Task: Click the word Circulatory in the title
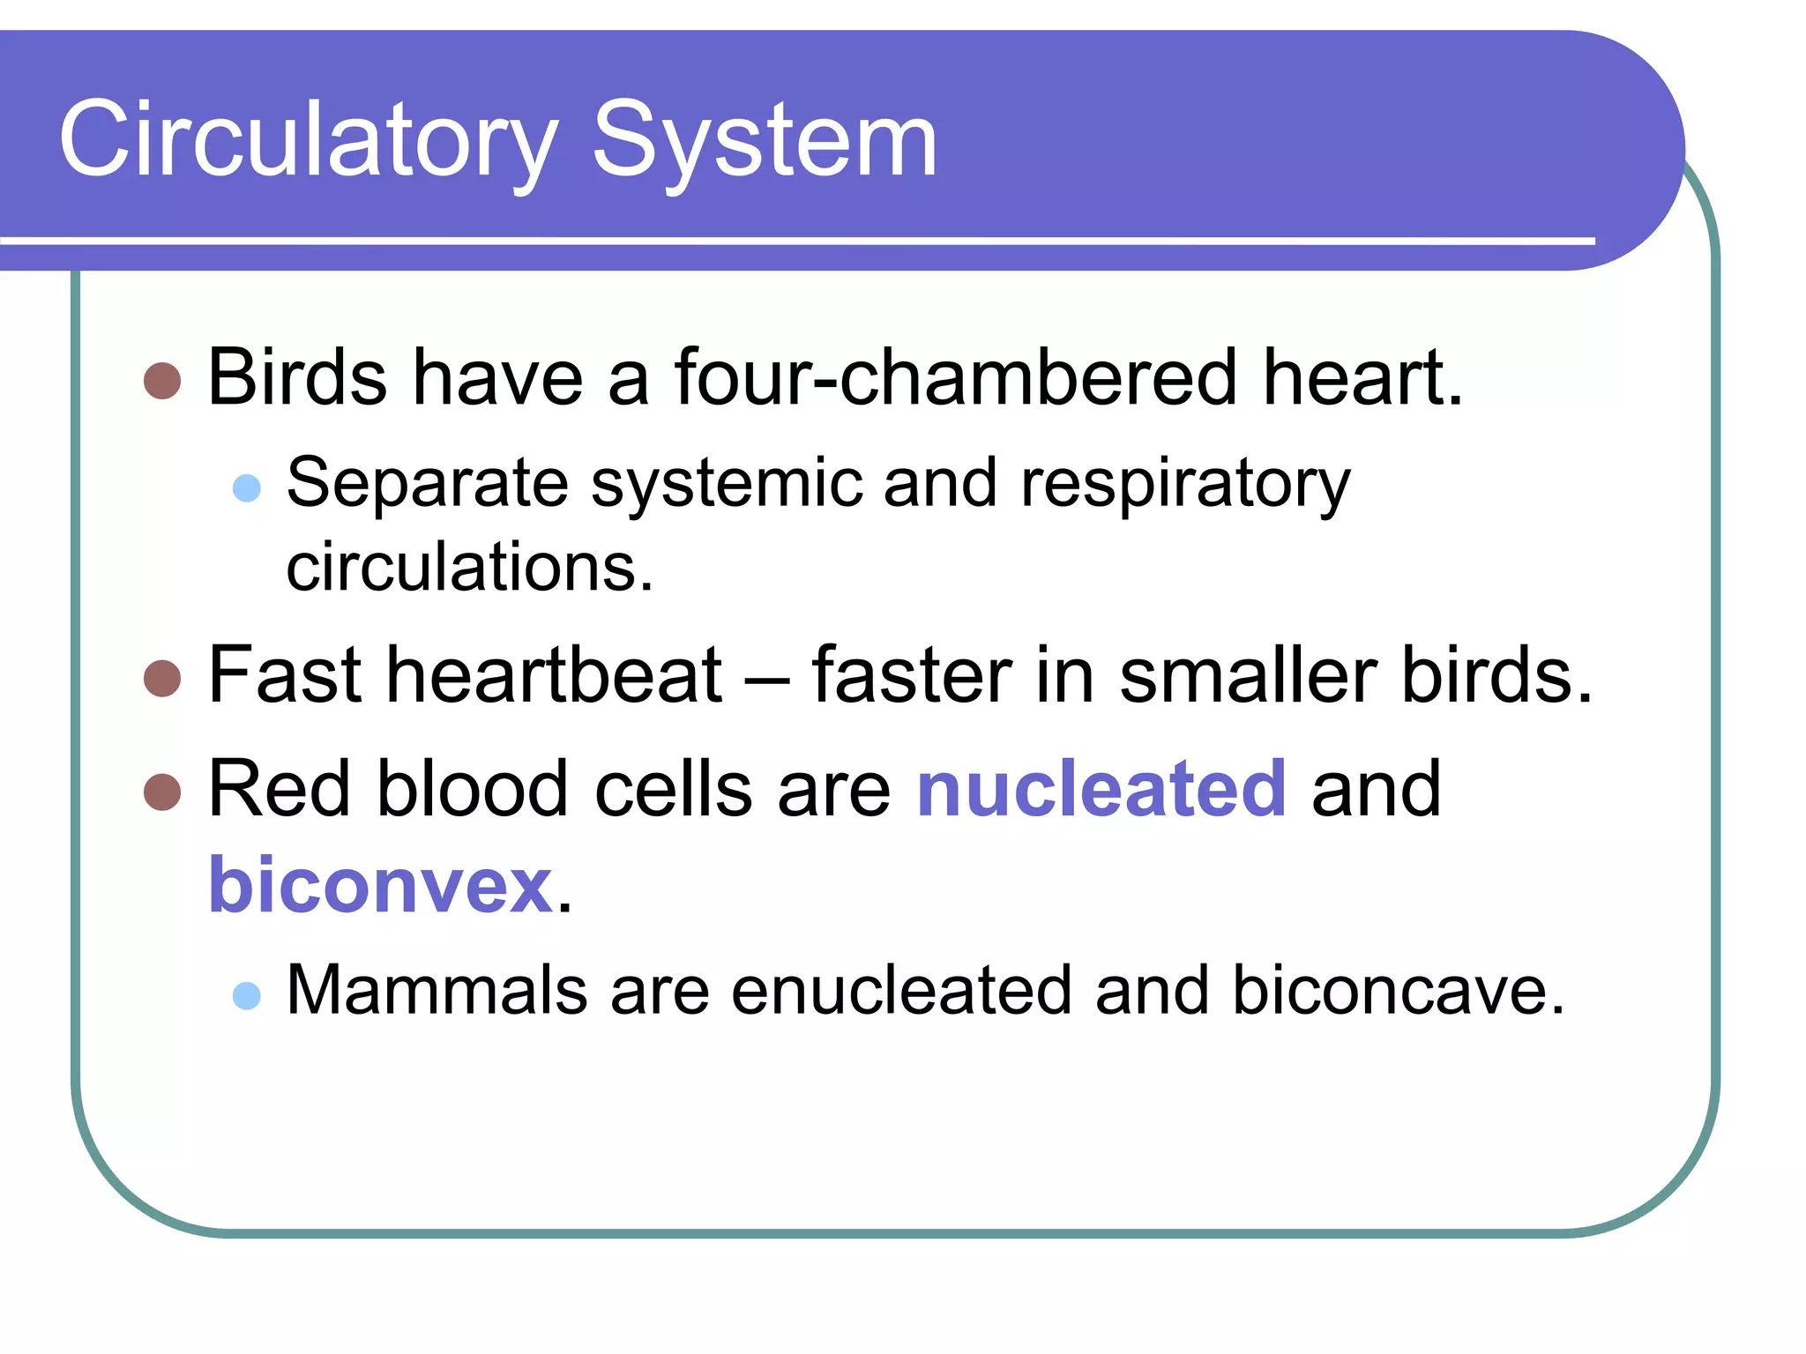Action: click(x=309, y=141)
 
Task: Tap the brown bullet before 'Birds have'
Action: click(x=162, y=381)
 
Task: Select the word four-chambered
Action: click(x=956, y=377)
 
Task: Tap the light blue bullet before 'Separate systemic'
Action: click(x=247, y=487)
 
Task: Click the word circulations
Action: click(x=469, y=567)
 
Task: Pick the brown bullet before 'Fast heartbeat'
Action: click(x=162, y=678)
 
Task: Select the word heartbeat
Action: click(x=555, y=675)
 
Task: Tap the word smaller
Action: click(x=1247, y=675)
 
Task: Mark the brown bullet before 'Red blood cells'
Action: click(x=162, y=792)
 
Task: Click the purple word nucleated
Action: click(x=1101, y=789)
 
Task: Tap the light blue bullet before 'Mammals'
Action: click(x=247, y=995)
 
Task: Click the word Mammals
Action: click(x=437, y=991)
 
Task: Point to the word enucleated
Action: click(x=901, y=991)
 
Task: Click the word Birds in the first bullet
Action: click(x=297, y=377)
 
